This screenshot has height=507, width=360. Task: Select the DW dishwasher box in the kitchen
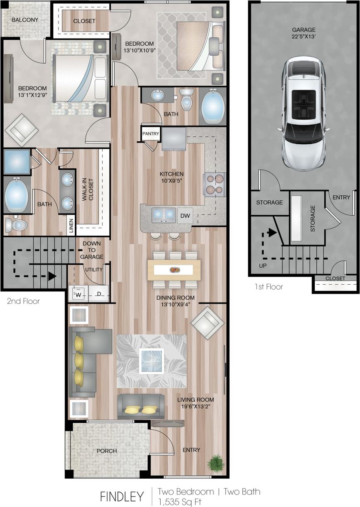point(185,216)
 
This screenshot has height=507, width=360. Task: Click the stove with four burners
point(214,184)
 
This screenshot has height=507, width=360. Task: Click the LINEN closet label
point(71,226)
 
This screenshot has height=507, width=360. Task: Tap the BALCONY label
point(25,20)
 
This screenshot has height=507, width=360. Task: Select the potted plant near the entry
point(216,462)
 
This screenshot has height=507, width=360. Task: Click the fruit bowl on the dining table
point(174,270)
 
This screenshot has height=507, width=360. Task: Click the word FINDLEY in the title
point(122,497)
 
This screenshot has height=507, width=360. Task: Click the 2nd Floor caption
point(23,301)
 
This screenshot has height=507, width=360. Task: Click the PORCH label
point(106,451)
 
